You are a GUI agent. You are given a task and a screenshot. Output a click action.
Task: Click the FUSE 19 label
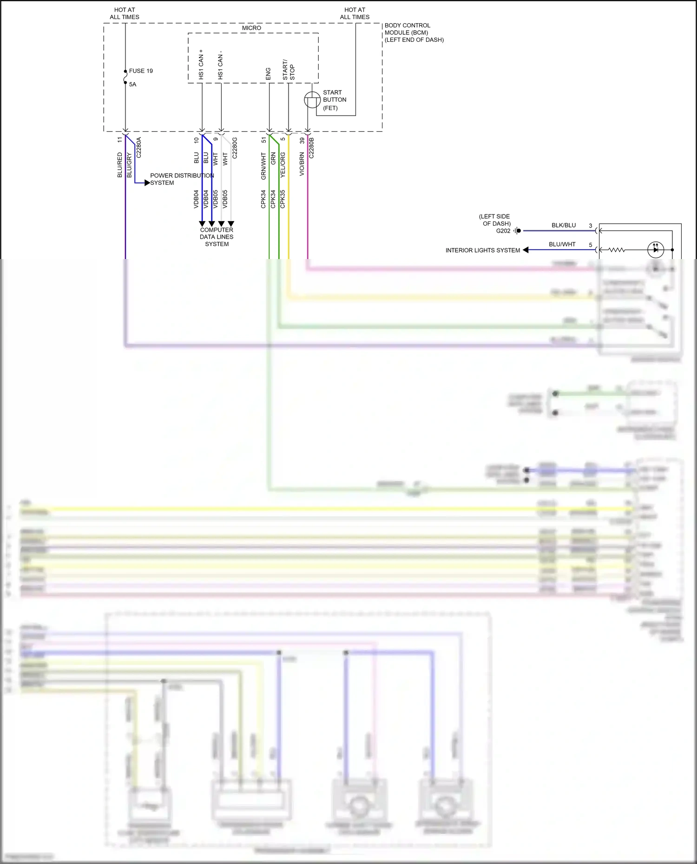point(141,71)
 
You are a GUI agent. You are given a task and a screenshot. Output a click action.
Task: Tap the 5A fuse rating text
point(133,84)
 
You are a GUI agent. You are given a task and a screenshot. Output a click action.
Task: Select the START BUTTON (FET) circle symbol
point(312,100)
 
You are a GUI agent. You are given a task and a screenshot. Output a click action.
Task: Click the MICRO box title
point(251,28)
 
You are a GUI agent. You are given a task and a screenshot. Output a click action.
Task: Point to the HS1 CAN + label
point(201,64)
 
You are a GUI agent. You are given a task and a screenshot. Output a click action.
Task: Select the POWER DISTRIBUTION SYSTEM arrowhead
point(147,183)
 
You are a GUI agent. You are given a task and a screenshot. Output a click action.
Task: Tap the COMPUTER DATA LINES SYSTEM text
point(217,237)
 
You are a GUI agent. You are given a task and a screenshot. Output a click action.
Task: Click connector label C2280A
point(139,148)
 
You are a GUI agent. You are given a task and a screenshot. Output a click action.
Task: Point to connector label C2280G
point(235,148)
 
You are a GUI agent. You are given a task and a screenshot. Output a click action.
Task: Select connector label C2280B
point(312,148)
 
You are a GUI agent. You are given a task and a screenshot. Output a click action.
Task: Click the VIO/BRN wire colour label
point(302,164)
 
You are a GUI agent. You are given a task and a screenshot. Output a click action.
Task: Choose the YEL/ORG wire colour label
point(283,165)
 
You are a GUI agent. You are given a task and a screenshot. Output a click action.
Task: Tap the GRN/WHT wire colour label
point(263,166)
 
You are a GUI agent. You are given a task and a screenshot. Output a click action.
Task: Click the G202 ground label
point(503,231)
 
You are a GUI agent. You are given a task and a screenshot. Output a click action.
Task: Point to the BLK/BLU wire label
point(564,225)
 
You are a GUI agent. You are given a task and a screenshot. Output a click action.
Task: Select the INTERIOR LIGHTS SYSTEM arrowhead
point(526,250)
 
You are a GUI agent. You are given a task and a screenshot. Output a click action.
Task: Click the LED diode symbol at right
point(655,250)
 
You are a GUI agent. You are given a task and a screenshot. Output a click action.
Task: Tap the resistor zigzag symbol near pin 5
point(617,250)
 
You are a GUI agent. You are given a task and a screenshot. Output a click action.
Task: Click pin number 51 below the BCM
point(264,140)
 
